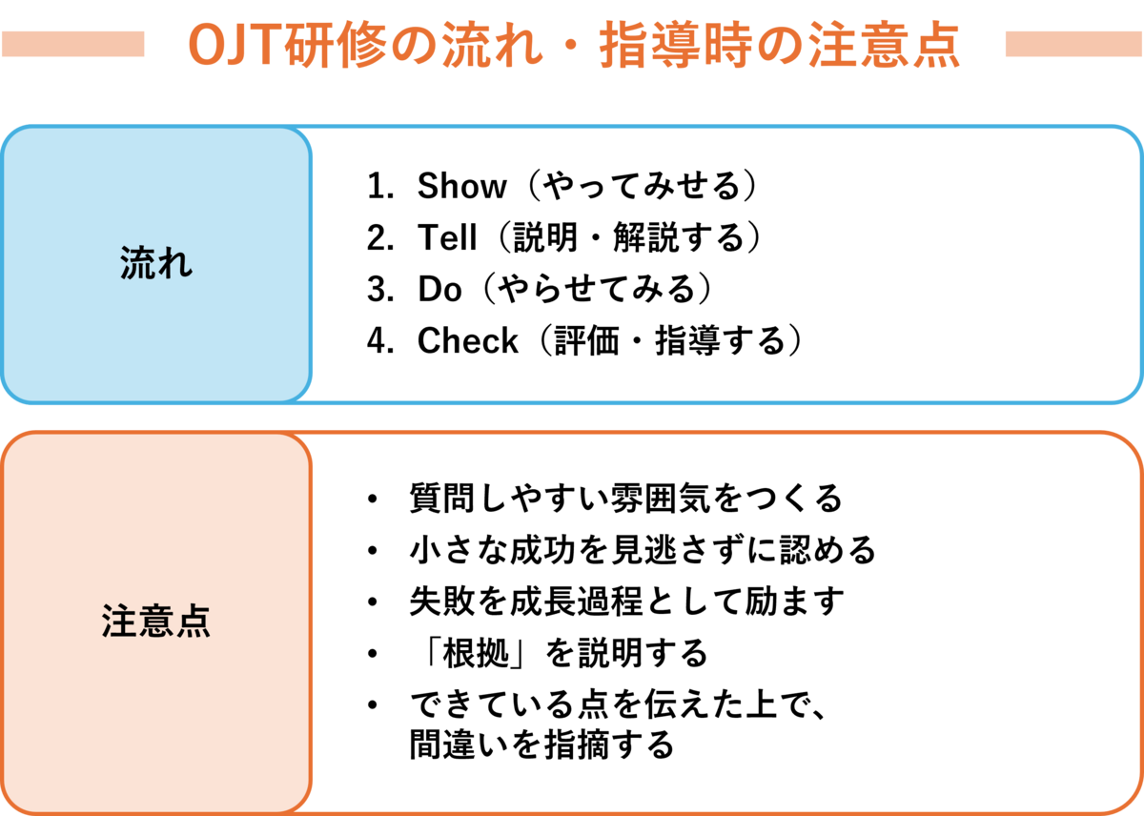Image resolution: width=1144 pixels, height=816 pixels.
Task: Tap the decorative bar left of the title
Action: pyautogui.click(x=73, y=44)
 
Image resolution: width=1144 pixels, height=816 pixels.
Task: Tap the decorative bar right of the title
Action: pyautogui.click(x=1073, y=44)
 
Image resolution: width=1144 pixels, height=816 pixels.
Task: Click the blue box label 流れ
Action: pyautogui.click(x=156, y=263)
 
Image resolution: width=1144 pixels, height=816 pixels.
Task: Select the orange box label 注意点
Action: pyautogui.click(x=156, y=621)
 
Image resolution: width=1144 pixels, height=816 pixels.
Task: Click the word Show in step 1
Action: pyautogui.click(x=461, y=185)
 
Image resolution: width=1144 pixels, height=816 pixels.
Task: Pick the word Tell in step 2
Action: pyautogui.click(x=447, y=237)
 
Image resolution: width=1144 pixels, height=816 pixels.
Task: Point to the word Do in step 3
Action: pyautogui.click(x=439, y=289)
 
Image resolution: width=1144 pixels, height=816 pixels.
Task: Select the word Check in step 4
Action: pyautogui.click(x=467, y=340)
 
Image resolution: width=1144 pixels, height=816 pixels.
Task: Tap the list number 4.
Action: pyautogui.click(x=380, y=340)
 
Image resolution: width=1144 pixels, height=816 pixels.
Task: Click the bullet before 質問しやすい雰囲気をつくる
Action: pyautogui.click(x=373, y=499)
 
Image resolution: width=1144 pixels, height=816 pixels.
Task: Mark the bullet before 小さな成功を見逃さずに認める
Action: pyautogui.click(x=373, y=550)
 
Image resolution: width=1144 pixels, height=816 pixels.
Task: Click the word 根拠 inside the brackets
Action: pyautogui.click(x=476, y=653)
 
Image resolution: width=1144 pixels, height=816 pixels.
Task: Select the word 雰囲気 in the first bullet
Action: pyautogui.click(x=660, y=499)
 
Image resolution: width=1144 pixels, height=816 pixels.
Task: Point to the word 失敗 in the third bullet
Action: pyautogui.click(x=442, y=602)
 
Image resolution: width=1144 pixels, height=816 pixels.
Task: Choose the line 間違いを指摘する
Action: pyautogui.click(x=541, y=745)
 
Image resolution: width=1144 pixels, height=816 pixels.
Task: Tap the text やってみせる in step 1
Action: pyautogui.click(x=642, y=185)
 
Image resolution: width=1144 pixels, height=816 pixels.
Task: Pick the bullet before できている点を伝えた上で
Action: pyautogui.click(x=373, y=704)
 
